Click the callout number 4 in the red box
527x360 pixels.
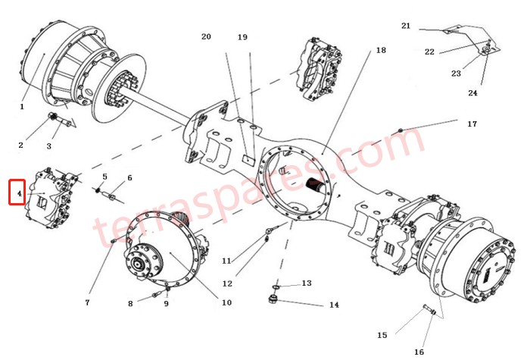[x=17, y=193]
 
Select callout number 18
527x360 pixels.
[x=380, y=51]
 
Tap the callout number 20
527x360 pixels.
[x=206, y=37]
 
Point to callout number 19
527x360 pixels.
[x=242, y=37]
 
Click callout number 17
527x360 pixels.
[x=472, y=124]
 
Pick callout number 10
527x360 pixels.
[x=226, y=303]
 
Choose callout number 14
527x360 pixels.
[x=334, y=305]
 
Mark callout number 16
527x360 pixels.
[x=419, y=352]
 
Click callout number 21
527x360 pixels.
[x=406, y=26]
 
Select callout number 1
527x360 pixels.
[x=22, y=107]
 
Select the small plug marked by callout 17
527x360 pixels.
[x=400, y=132]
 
